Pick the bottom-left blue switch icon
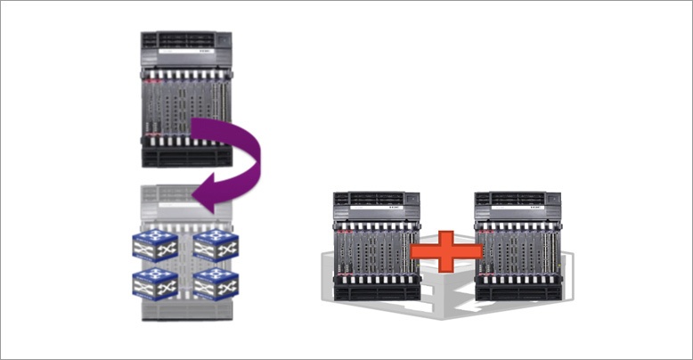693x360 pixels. [x=154, y=282]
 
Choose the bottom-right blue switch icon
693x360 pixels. [x=215, y=282]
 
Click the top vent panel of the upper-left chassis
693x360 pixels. [x=186, y=40]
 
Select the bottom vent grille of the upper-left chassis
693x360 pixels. [x=186, y=156]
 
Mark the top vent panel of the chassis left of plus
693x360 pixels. [x=375, y=199]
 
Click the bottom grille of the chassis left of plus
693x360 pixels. [x=375, y=291]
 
